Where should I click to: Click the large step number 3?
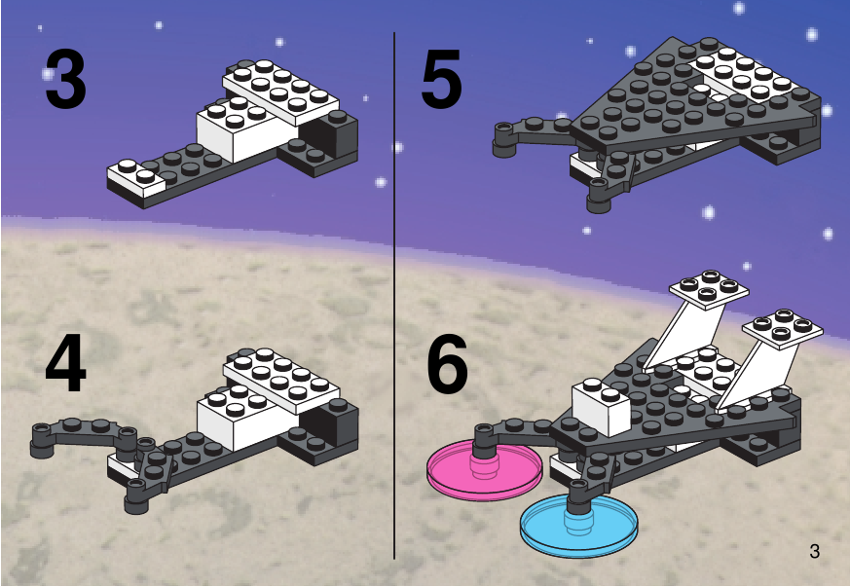point(65,79)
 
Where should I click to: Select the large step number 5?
point(441,78)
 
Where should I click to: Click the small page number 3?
point(814,551)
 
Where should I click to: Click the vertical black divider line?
point(394,295)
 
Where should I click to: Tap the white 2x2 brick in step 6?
point(601,406)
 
